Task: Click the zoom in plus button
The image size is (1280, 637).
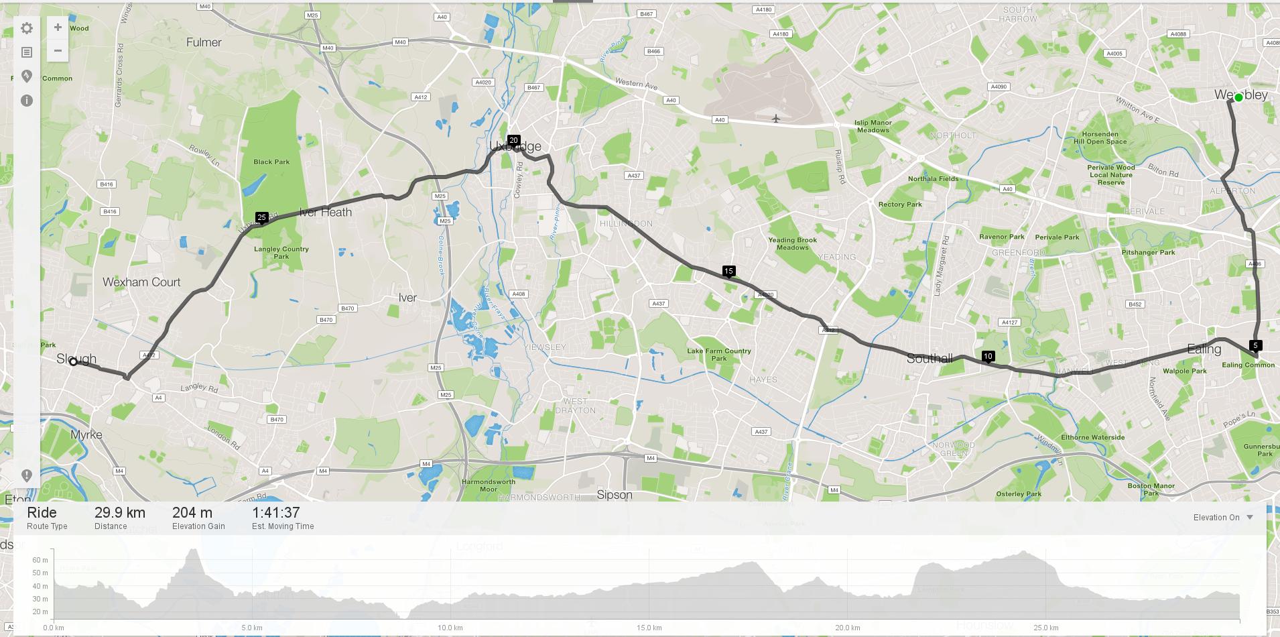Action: pyautogui.click(x=58, y=27)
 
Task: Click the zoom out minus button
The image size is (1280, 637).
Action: pyautogui.click(x=58, y=51)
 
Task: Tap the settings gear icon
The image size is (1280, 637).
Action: pyautogui.click(x=27, y=28)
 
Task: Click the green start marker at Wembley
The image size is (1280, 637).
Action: pyautogui.click(x=1239, y=97)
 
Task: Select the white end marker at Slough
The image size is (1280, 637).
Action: pyautogui.click(x=74, y=362)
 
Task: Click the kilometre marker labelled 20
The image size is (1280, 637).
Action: pyautogui.click(x=513, y=141)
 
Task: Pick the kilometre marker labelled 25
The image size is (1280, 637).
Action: pyautogui.click(x=262, y=217)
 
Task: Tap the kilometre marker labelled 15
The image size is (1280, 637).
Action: pyautogui.click(x=728, y=272)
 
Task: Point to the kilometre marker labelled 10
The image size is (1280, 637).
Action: pyautogui.click(x=988, y=357)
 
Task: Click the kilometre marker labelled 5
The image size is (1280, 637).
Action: pyautogui.click(x=1256, y=346)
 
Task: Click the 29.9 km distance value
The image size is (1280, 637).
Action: pyautogui.click(x=120, y=513)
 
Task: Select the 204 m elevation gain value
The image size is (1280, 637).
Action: pyautogui.click(x=192, y=513)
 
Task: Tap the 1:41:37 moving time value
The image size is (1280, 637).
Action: pyautogui.click(x=276, y=513)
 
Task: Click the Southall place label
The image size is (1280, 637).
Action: pyautogui.click(x=930, y=359)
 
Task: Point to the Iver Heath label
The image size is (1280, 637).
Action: pyautogui.click(x=326, y=213)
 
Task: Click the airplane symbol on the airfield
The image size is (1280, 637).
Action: pyautogui.click(x=776, y=119)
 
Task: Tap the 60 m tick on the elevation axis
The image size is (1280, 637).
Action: pyautogui.click(x=40, y=560)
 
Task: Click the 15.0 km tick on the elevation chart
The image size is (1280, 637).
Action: pyautogui.click(x=649, y=628)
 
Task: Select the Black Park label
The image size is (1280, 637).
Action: pyautogui.click(x=271, y=162)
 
